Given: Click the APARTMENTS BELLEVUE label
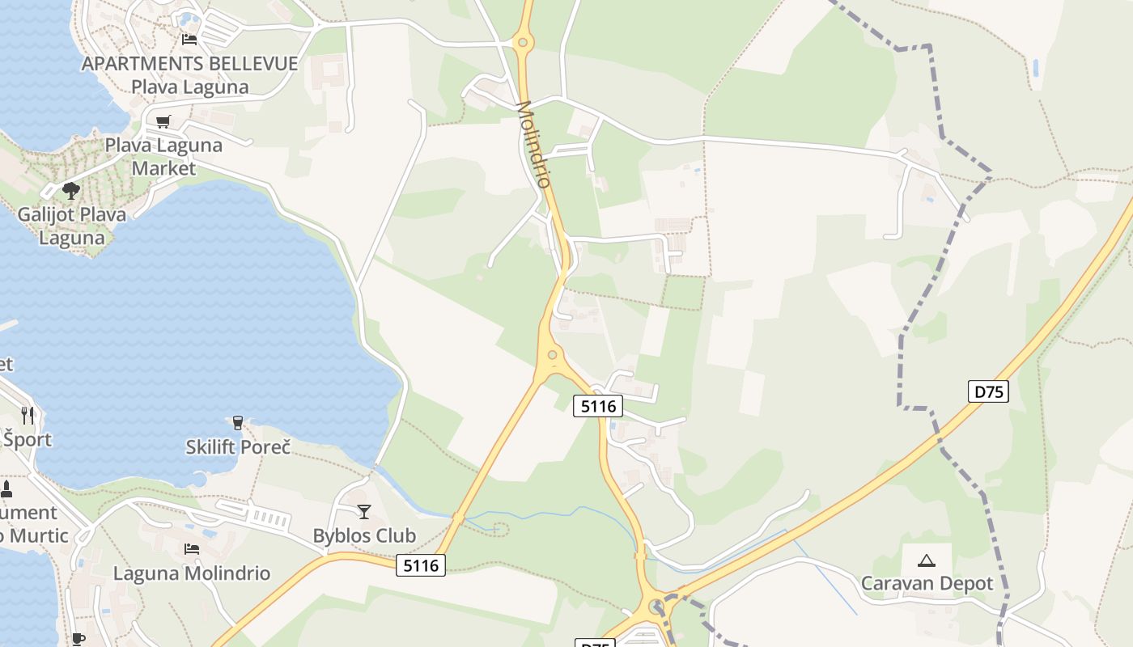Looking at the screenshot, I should point(189,64).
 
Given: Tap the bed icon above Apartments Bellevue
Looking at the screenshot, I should point(189,39).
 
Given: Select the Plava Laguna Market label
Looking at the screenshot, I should point(163,157).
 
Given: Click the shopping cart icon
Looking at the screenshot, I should point(163,122).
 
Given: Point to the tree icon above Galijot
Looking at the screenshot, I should point(71,191).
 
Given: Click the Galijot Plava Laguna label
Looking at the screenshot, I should point(72,226).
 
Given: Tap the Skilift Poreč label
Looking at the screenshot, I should point(237,446).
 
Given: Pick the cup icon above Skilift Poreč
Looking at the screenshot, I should point(237,422).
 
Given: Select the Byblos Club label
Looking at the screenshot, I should point(364,535).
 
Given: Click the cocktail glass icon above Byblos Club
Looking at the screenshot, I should point(364,511).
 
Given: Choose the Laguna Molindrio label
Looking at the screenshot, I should point(192,573).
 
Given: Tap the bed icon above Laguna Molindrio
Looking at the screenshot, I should point(192,549).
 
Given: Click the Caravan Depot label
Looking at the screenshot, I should point(927,583).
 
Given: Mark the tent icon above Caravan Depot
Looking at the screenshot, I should point(927,560).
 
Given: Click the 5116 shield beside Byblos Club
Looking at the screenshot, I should point(421,565).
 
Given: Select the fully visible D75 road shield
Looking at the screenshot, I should point(988,392).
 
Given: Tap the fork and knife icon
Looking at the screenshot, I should point(28,416).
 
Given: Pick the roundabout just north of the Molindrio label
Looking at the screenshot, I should point(523,42).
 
